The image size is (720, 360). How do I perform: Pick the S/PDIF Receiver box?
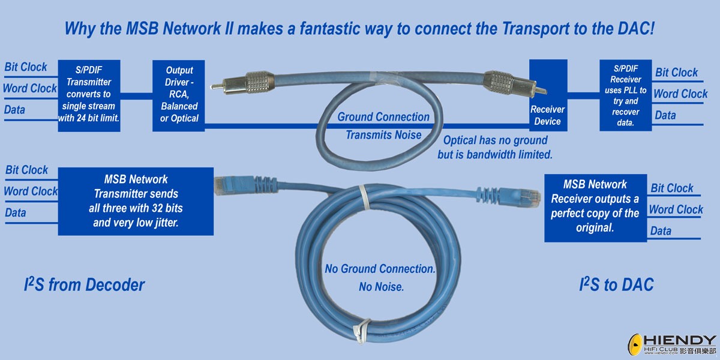(x=625, y=95)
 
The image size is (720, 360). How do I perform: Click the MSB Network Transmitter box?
(x=136, y=200)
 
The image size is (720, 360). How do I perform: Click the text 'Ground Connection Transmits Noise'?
(x=383, y=126)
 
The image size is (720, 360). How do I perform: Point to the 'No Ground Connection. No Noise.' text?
(x=380, y=277)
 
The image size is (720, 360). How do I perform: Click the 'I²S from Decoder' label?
(x=84, y=284)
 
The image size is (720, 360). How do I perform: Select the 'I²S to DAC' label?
(x=616, y=284)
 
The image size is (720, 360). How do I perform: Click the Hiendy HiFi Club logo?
(x=672, y=344)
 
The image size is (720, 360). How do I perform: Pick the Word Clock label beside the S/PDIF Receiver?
(x=680, y=94)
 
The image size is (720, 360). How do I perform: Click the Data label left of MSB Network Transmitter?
(x=16, y=212)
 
